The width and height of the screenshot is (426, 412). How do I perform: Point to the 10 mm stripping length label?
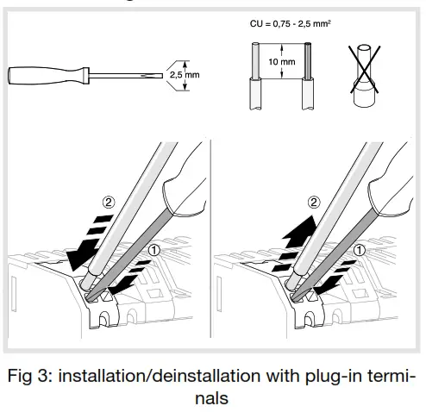(281, 63)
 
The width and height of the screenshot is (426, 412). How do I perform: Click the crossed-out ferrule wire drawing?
(366, 75)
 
